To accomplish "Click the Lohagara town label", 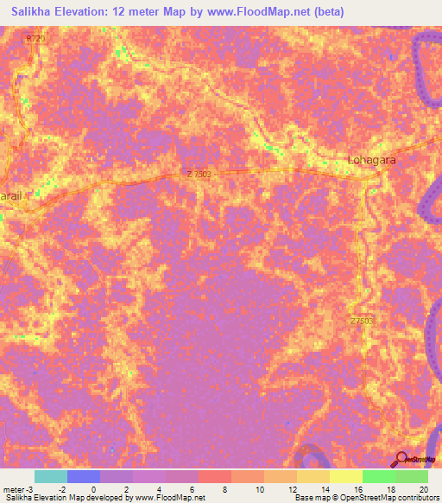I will pos(370,159).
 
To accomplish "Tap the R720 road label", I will pos(35,39).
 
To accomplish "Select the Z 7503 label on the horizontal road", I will pos(199,174).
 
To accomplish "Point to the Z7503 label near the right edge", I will pos(362,320).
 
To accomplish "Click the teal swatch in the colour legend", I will pos(50,476).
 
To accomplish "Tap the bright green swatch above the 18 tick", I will pos(378,476).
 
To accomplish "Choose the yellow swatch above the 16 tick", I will pos(345,476).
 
